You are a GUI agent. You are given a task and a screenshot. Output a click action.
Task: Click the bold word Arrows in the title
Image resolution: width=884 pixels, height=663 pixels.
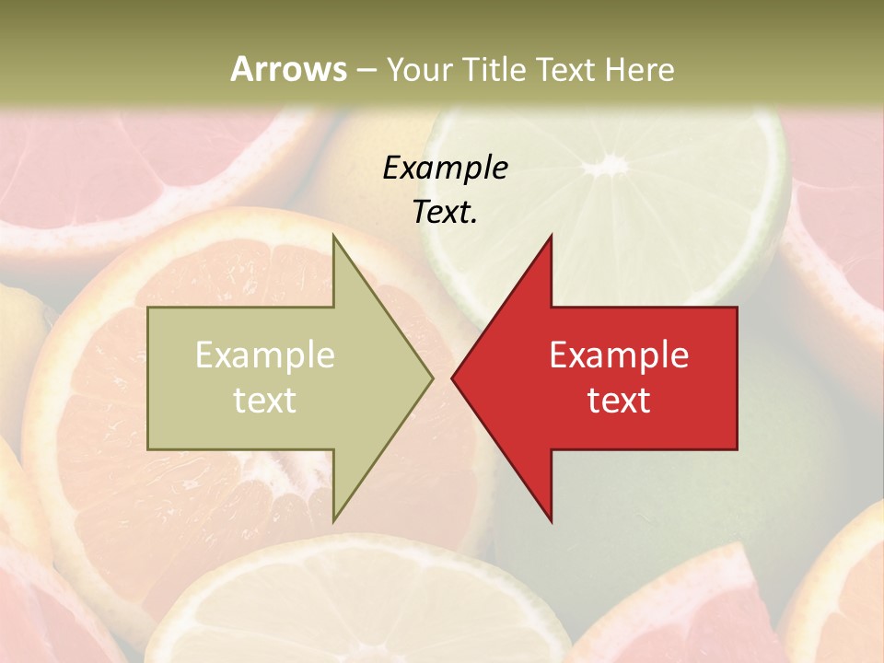[x=288, y=69]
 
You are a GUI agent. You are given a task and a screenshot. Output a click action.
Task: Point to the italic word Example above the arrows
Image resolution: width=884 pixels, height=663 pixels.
[x=445, y=168]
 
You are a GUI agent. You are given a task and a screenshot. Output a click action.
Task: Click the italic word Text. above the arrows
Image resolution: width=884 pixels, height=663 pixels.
[x=445, y=212]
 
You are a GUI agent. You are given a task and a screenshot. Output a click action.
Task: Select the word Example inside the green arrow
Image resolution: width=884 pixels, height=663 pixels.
[x=264, y=355]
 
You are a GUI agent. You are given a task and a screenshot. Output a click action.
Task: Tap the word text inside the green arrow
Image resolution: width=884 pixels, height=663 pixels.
[x=264, y=400]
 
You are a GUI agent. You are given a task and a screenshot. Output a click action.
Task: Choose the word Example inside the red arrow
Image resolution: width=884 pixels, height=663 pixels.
[x=619, y=355]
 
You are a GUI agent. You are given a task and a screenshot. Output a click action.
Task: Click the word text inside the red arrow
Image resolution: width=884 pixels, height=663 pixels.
[x=619, y=400]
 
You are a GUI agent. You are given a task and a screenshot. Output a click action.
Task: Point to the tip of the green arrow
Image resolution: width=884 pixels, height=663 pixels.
[x=433, y=378]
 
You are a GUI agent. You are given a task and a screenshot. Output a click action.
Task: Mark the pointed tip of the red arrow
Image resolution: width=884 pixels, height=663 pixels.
[x=452, y=378]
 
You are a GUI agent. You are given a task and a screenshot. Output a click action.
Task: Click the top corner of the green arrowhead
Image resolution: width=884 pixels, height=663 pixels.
[x=333, y=236]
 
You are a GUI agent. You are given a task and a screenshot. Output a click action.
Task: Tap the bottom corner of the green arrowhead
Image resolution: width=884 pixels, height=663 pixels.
[x=333, y=521]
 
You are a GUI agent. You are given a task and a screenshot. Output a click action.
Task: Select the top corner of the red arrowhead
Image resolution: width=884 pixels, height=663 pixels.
[x=552, y=236]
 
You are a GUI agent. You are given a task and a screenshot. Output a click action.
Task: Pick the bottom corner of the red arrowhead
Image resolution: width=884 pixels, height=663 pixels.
[x=552, y=521]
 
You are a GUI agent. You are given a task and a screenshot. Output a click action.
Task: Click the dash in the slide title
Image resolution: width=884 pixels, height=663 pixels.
[x=366, y=69]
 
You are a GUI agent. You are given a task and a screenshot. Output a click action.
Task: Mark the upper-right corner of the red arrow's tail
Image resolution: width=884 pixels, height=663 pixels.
[x=737, y=308]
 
